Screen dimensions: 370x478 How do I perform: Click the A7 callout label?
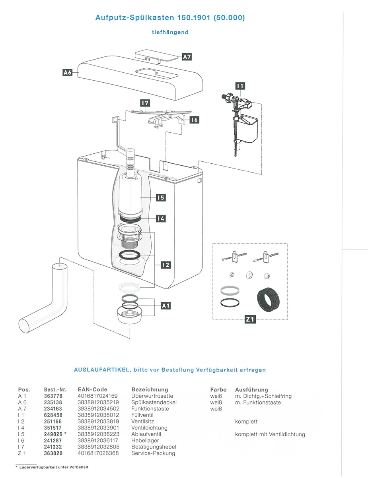click(x=187, y=57)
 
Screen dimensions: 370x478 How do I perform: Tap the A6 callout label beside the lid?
click(x=67, y=72)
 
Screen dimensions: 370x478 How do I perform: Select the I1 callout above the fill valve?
click(x=240, y=86)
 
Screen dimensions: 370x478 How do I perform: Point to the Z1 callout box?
click(x=250, y=319)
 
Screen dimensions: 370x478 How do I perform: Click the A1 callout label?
click(x=166, y=306)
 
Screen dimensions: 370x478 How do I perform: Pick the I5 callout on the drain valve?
click(x=161, y=197)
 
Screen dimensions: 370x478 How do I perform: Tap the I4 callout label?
click(x=161, y=219)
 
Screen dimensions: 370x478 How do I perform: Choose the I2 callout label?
click(x=166, y=265)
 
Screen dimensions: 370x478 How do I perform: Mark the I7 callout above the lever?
click(x=145, y=103)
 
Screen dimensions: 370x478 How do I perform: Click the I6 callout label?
click(x=194, y=120)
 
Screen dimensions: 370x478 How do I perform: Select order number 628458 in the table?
click(x=53, y=415)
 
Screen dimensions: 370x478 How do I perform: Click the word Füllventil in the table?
click(x=142, y=415)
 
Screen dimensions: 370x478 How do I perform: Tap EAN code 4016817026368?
click(x=98, y=453)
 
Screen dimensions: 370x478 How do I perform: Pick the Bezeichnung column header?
click(x=150, y=389)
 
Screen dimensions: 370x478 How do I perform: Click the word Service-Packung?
click(x=153, y=453)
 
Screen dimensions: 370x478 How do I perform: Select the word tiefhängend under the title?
click(x=170, y=32)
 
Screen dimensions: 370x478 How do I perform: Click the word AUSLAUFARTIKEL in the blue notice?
click(x=101, y=370)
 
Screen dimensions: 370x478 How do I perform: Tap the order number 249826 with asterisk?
click(x=55, y=434)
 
